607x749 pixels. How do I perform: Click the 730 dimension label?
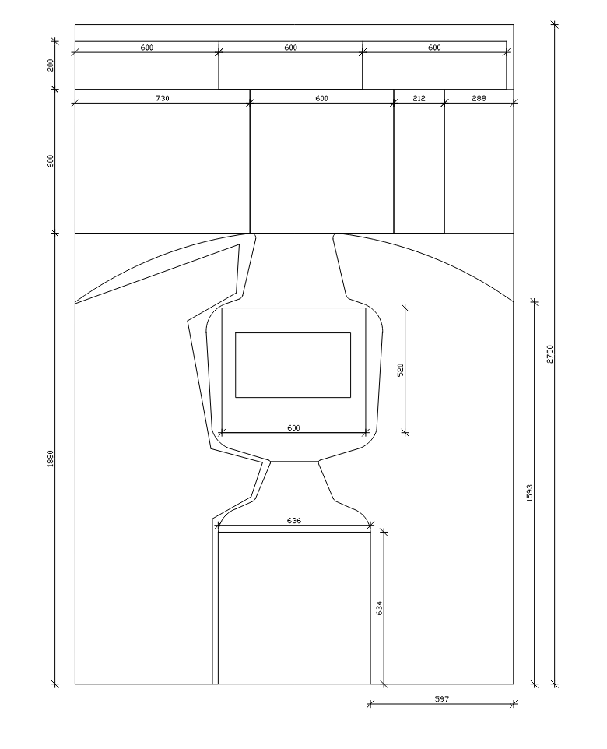coord(162,99)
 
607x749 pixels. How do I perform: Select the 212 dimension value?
coord(419,99)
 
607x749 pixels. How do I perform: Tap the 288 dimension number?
coord(479,99)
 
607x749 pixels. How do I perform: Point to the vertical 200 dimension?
coord(51,65)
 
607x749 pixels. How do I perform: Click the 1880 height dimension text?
coord(51,459)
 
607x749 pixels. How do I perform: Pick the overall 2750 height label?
coord(549,354)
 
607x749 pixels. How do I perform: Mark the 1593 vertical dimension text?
coord(530,492)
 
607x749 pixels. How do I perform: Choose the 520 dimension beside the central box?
coord(401,369)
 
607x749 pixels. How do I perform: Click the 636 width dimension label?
coord(294,521)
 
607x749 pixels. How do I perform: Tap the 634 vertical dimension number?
coord(380,608)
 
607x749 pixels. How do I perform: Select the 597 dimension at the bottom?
coord(441,699)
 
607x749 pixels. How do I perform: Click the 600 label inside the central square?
coord(293,427)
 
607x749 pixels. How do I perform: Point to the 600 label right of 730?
coord(321,99)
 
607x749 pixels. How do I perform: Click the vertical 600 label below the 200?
coord(51,161)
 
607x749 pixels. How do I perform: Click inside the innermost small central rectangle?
coord(293,364)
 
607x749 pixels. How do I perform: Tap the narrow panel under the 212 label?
coord(419,167)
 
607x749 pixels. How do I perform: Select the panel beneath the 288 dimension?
coord(479,167)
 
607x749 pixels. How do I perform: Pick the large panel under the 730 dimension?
coord(162,167)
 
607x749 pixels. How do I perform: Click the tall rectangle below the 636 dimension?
coord(294,607)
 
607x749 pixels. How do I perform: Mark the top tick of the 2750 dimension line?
coord(555,24)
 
